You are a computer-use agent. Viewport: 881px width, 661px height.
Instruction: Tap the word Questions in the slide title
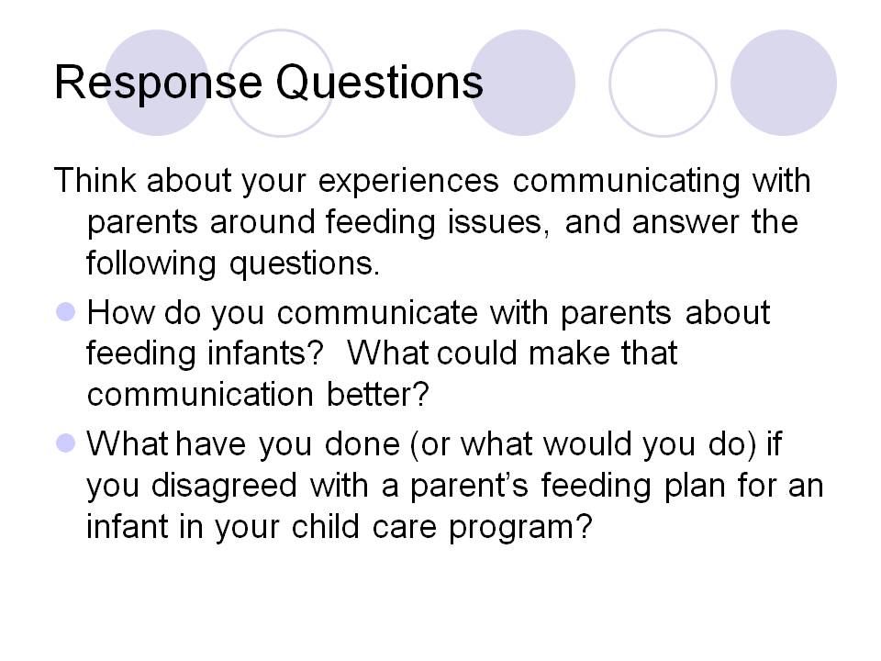click(x=379, y=83)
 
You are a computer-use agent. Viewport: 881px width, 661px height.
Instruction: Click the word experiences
click(x=409, y=182)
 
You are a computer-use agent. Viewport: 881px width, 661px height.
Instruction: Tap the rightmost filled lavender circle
click(x=783, y=83)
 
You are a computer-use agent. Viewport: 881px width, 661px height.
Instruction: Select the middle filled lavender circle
click(x=522, y=83)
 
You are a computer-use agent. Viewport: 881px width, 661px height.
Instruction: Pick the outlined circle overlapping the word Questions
click(x=281, y=83)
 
